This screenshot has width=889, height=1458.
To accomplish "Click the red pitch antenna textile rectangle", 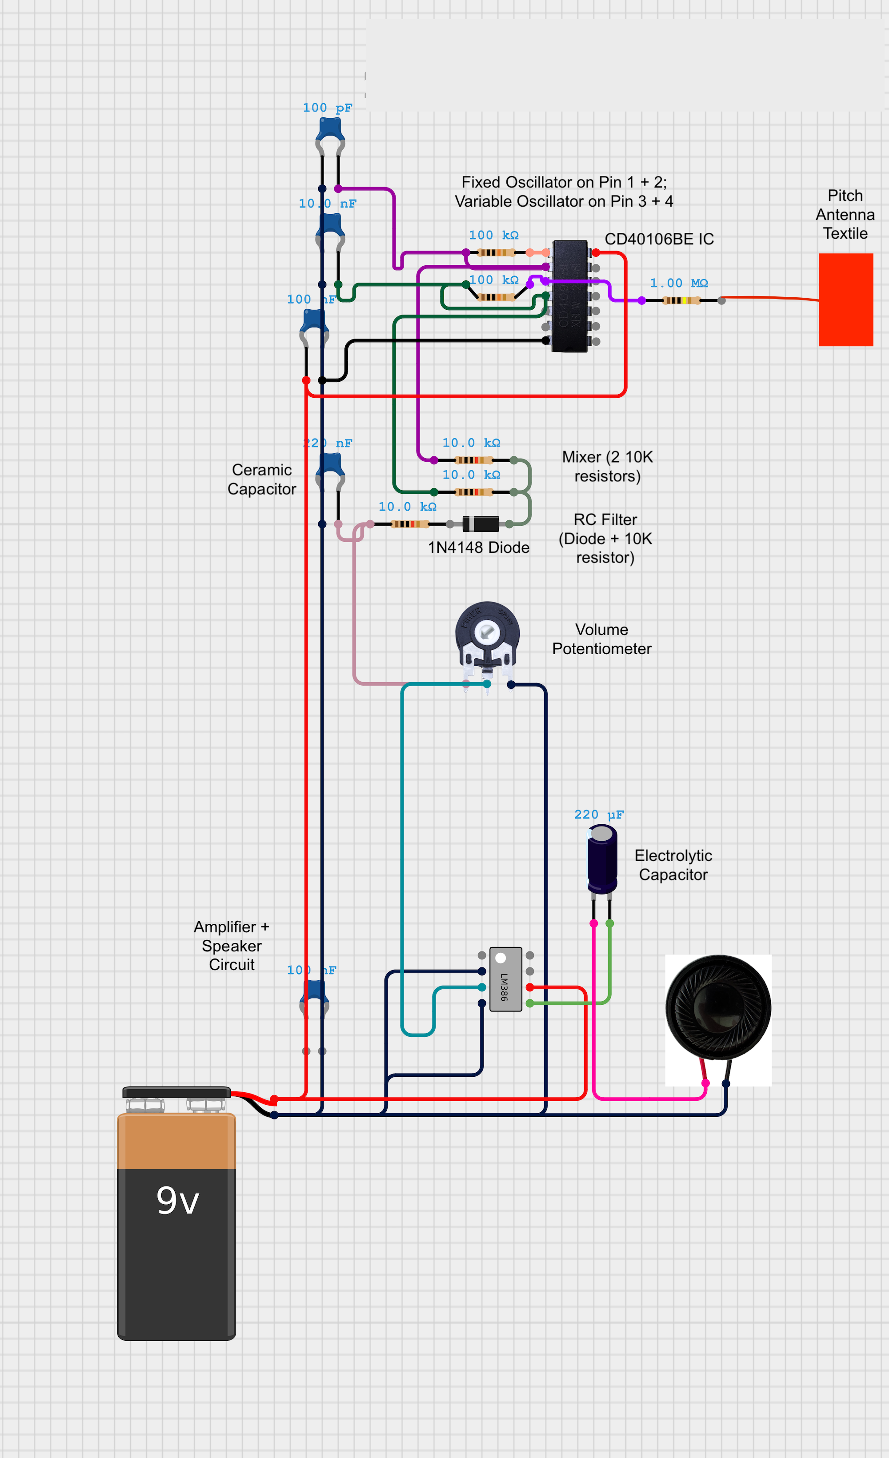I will (846, 300).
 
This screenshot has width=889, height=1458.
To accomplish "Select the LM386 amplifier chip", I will (505, 979).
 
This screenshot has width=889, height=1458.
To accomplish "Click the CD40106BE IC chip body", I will (569, 296).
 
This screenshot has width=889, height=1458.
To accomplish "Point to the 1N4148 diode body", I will (481, 523).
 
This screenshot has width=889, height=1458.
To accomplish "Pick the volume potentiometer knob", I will (487, 632).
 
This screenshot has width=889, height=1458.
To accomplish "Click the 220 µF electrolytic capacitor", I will (602, 859).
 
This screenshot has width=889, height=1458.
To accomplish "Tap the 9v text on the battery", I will (177, 1201).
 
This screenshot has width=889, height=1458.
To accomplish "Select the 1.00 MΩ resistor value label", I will (679, 283).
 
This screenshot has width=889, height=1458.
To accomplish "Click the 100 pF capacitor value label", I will (327, 108).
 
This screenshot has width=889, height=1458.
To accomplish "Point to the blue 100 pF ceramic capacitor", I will (330, 130).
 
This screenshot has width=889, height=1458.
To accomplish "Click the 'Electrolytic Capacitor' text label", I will (673, 865).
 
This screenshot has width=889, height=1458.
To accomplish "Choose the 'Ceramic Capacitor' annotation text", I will (262, 479).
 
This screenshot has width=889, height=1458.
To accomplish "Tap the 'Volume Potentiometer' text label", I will (601, 639).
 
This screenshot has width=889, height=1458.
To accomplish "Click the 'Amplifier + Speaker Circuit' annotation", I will (232, 946).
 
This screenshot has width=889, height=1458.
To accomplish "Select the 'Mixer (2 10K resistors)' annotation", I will (607, 466).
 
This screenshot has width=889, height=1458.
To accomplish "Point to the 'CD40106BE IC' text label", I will (659, 239).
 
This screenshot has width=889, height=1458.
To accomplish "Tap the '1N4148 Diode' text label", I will (478, 547).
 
